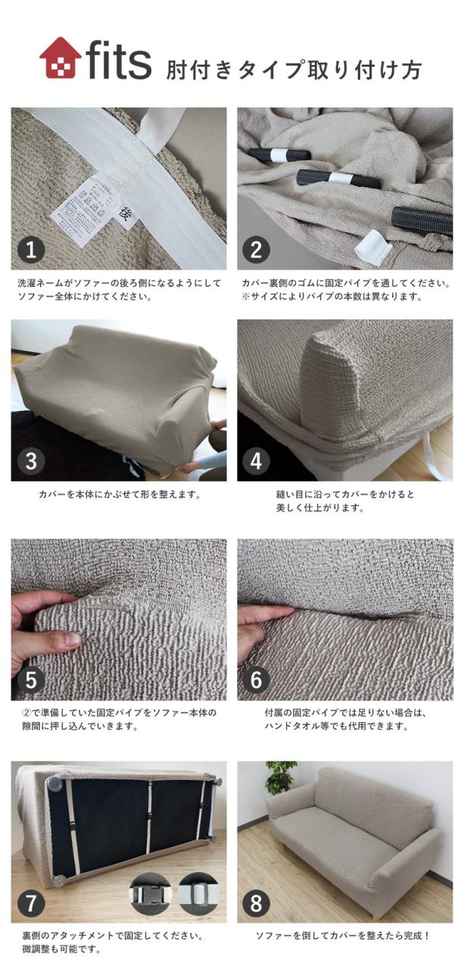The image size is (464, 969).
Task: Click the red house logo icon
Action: point(60,58)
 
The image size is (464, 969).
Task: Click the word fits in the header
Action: point(119,61)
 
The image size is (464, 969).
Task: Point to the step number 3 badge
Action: point(31,461)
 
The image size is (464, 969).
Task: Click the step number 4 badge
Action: point(257,461)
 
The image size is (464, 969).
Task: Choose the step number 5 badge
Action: point(31,680)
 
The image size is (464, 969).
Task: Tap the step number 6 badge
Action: point(257,680)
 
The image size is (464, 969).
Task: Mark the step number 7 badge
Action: point(31,902)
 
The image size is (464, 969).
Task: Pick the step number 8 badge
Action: point(257,902)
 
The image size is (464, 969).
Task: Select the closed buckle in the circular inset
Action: point(151,894)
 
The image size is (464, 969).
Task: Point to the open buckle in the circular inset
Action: point(198,894)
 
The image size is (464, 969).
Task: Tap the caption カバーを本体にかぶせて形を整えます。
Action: point(119,495)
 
